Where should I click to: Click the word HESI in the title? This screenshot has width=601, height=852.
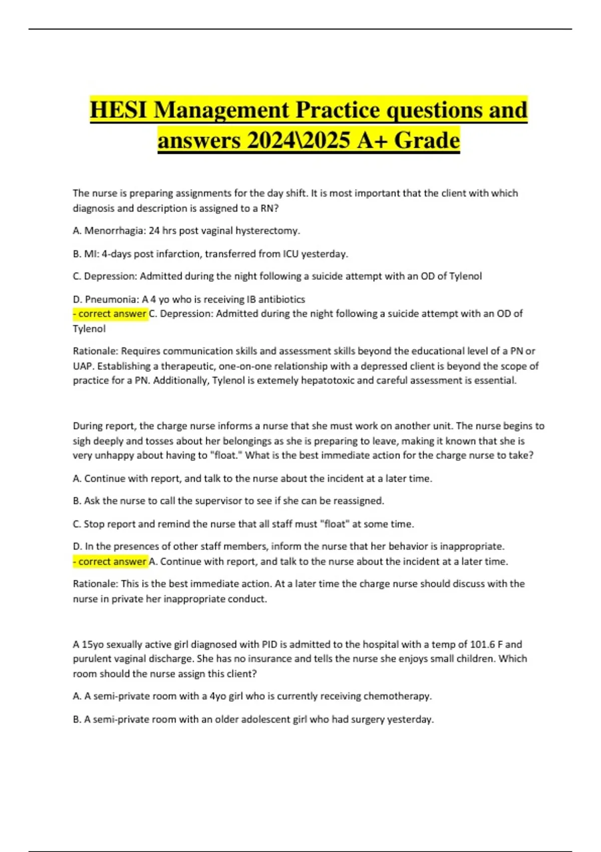point(119,110)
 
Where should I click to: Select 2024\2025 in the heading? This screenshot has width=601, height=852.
point(298,140)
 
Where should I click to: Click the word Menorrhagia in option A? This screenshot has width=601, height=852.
point(115,231)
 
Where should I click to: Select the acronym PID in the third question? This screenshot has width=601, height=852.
point(269,644)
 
